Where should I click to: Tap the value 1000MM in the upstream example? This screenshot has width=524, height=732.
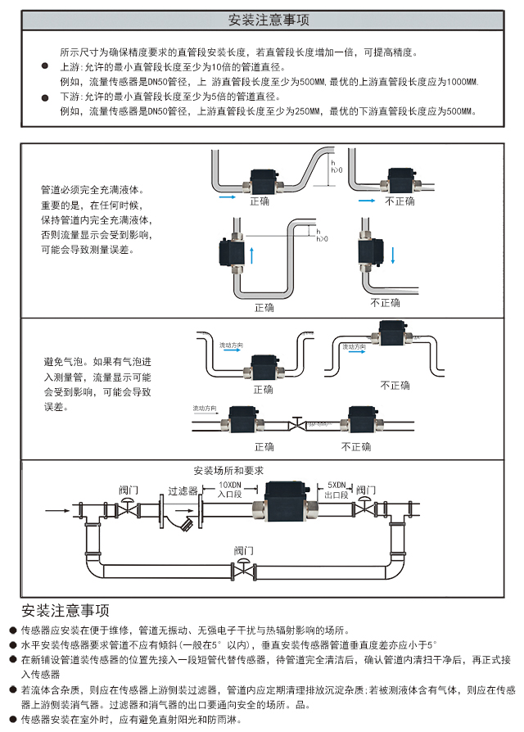(463, 81)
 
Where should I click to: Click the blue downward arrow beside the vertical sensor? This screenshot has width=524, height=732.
(394, 255)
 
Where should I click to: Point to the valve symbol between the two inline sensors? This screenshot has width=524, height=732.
(296, 424)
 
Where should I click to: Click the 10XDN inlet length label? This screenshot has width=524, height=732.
(230, 486)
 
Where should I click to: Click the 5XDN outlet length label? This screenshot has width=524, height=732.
(337, 486)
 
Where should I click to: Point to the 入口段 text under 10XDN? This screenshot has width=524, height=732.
(230, 495)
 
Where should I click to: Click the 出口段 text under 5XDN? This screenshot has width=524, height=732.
(337, 495)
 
